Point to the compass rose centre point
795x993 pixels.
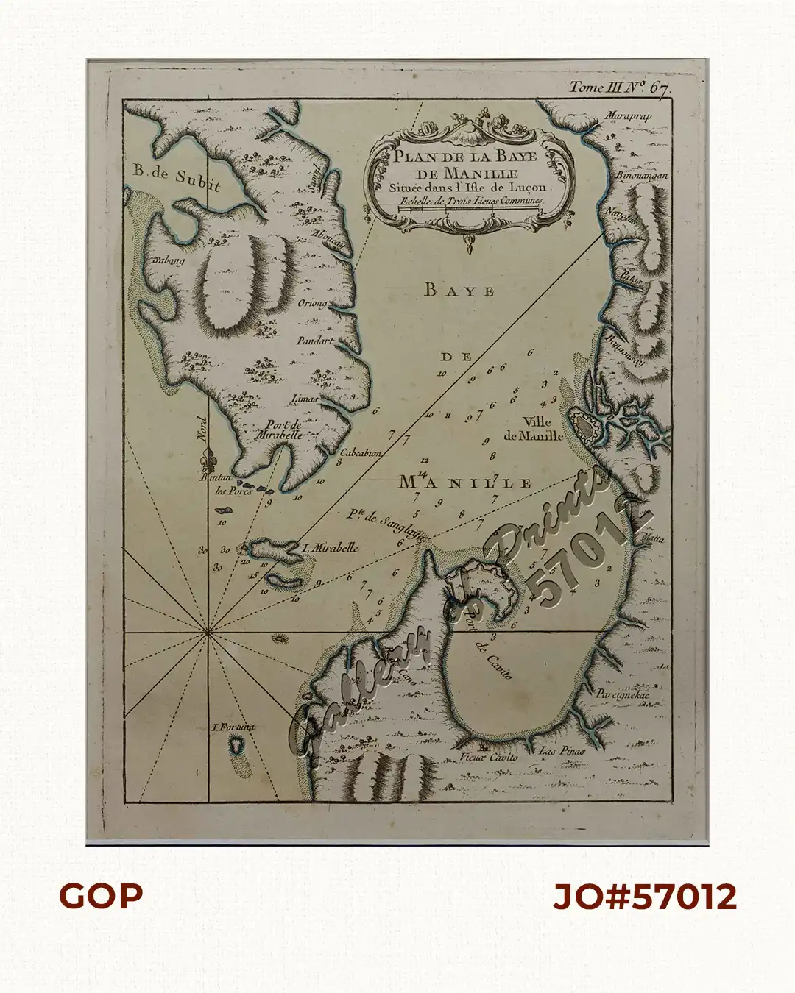point(208,631)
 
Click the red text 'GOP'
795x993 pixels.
point(101,896)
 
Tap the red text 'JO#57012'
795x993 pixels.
point(644,897)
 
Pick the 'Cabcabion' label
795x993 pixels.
point(361,453)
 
